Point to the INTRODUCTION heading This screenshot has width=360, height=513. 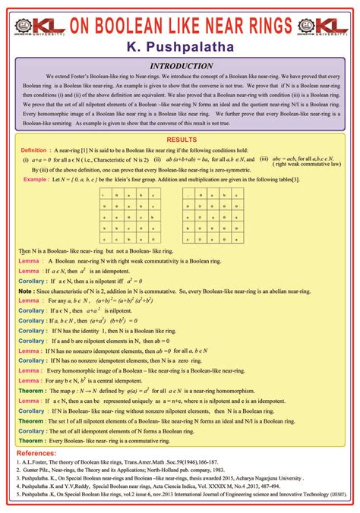click(x=181, y=66)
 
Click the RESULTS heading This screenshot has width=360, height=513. click(x=181, y=140)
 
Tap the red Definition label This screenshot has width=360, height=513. click(x=33, y=150)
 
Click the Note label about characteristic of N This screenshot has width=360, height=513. click(x=25, y=290)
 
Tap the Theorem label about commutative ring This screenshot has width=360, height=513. click(x=31, y=439)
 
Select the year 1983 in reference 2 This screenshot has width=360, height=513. click(x=230, y=471)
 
